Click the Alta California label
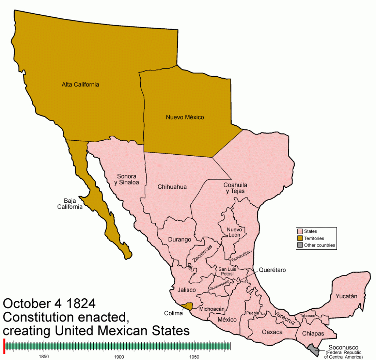[x=80, y=84]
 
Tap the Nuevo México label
[x=185, y=118]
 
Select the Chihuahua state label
[x=172, y=187]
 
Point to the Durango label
[x=180, y=240]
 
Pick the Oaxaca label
[x=272, y=332]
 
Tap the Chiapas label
[x=313, y=334]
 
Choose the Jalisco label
[x=185, y=289]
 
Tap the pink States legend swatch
[x=300, y=231]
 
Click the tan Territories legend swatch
[x=300, y=238]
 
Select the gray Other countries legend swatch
[x=300, y=245]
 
